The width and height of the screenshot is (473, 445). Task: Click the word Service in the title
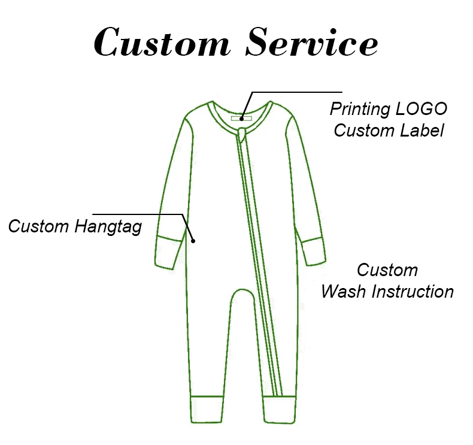coord(312,43)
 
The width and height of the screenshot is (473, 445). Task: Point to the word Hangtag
coord(109,226)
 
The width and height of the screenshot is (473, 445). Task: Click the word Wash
coord(344,292)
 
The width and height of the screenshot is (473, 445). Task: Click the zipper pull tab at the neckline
coord(242,133)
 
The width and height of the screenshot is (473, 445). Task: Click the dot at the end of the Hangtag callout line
coord(193,240)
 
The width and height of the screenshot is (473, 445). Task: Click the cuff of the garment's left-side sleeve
coord(168,252)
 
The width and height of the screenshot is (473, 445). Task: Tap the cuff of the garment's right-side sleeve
coord(313,251)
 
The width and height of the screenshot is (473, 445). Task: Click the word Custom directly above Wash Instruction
coord(387,270)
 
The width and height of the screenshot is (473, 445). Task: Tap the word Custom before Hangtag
coord(40,226)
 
